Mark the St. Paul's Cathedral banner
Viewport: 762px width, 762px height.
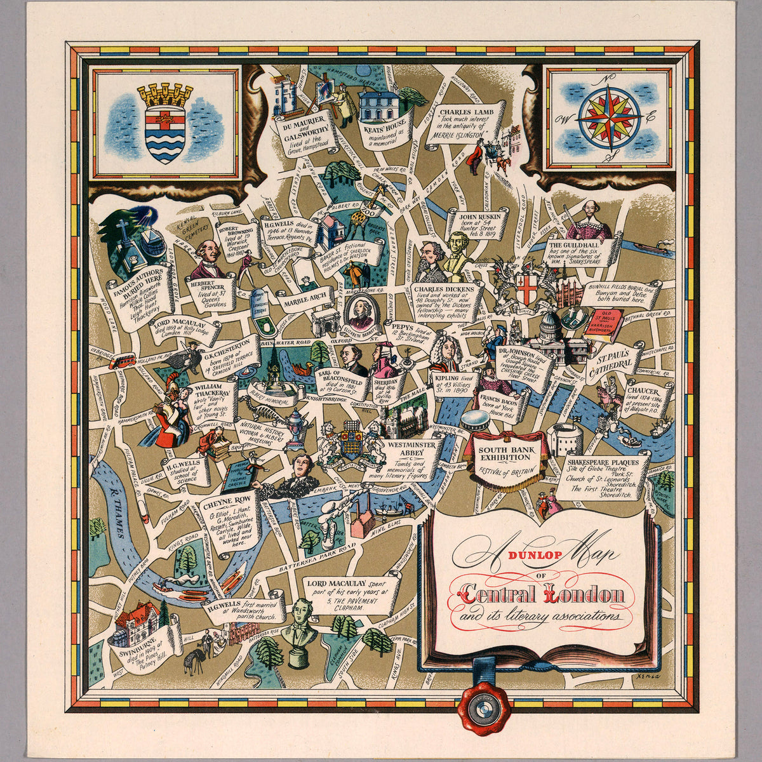pos(612,366)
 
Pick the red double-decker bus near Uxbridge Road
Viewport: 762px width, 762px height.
pos(121,361)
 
